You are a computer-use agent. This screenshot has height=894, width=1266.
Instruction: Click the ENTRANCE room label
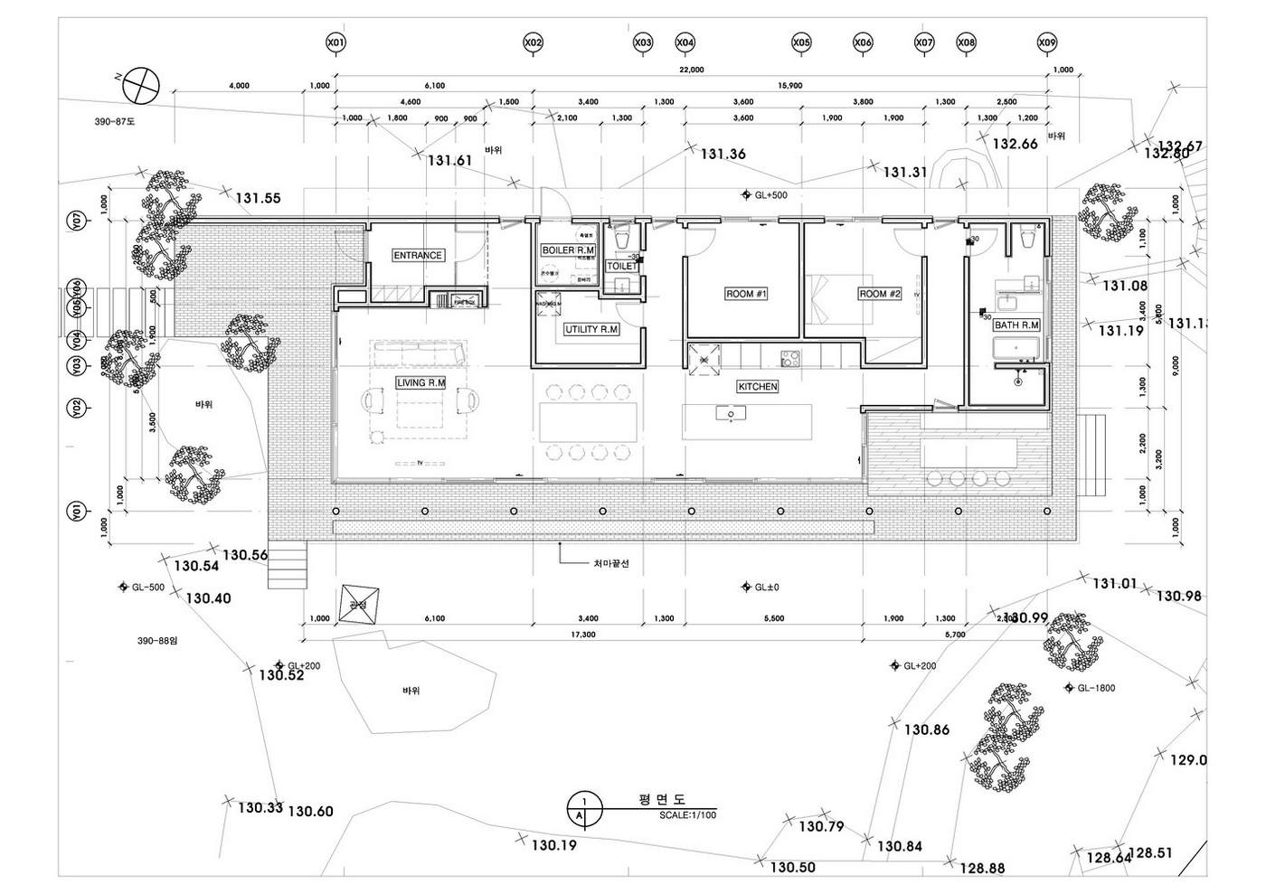coord(418,256)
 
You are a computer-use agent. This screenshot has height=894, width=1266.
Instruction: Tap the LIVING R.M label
coord(421,383)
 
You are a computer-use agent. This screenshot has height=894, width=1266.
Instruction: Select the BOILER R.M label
coord(568,250)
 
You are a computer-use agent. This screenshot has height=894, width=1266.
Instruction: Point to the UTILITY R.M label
coord(591,330)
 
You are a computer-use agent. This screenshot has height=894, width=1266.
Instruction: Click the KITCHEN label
coord(758,387)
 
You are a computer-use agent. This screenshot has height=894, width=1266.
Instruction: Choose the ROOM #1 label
coord(746,294)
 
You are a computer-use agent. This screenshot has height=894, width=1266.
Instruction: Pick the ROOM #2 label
coord(880,294)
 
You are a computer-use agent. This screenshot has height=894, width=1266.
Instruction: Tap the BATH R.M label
coord(1016,325)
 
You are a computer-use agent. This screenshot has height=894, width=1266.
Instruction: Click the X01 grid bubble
coord(335,42)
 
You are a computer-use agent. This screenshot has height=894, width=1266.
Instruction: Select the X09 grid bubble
coord(1046,42)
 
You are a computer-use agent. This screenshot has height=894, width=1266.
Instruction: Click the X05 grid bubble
coord(801,42)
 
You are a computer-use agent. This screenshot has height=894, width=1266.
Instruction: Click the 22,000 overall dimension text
coord(692,71)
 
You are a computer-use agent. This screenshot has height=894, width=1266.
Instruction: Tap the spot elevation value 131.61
coord(450,161)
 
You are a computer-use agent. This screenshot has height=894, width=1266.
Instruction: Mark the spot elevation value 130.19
coord(554,846)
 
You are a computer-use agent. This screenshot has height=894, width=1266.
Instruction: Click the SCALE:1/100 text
coord(688,815)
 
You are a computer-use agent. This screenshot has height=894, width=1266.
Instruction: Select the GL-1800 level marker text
coord(1096,688)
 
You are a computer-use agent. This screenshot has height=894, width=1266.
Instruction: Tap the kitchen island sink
coord(730,414)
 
